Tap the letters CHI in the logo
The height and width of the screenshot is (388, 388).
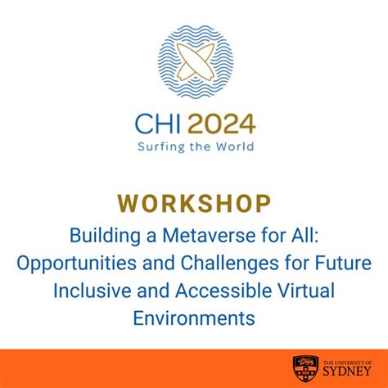(x=156, y=124)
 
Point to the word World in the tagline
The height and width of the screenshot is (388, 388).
(x=235, y=147)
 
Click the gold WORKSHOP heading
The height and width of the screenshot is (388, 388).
(x=193, y=201)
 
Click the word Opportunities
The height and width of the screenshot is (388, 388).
(x=88, y=263)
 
